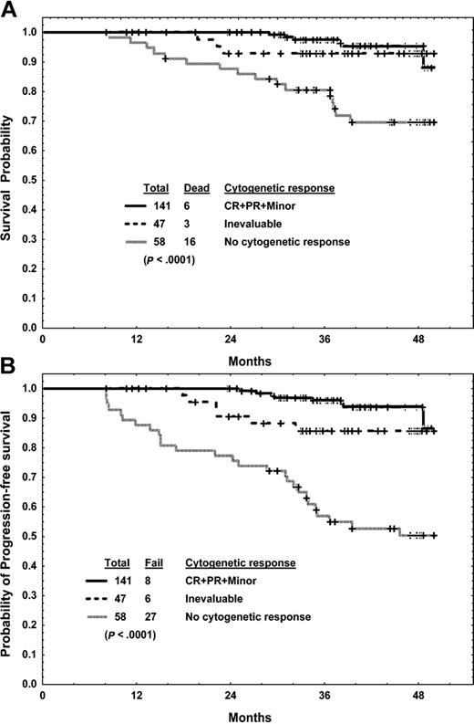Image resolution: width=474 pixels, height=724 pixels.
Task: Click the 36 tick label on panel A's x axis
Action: point(328,341)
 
